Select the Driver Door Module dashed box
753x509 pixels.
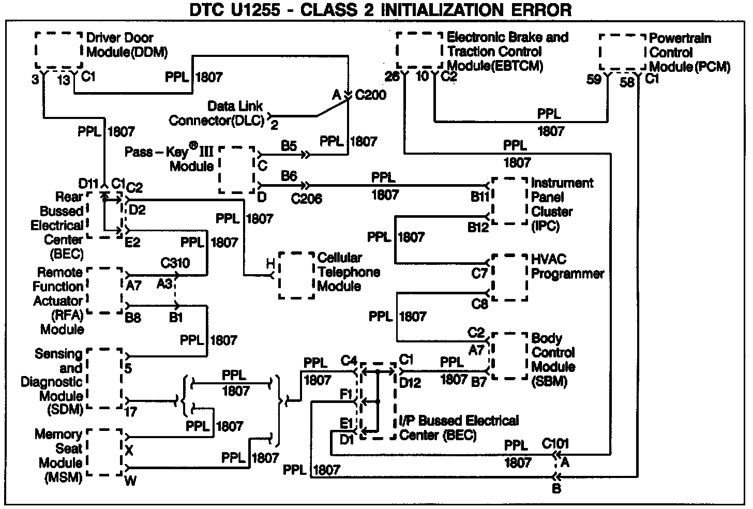coord(58,50)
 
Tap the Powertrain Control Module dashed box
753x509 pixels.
coord(623,52)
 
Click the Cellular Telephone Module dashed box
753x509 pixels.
coord(296,275)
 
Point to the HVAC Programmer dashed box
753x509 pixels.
coord(509,277)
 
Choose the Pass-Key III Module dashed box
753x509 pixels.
coord(237,169)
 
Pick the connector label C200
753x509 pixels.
coord(370,95)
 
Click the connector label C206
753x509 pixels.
coord(306,198)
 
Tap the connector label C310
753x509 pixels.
coord(175,263)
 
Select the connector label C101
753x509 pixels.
coord(555,444)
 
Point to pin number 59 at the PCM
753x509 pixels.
coord(594,80)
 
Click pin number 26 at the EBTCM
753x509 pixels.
coord(393,76)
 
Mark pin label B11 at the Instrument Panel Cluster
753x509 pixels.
coord(479,197)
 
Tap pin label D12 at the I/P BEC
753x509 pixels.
coord(410,383)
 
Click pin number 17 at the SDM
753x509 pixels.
coord(131,413)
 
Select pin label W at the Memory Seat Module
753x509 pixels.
coord(131,481)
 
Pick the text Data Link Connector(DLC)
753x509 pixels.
coord(217,114)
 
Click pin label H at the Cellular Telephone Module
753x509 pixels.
coord(270,264)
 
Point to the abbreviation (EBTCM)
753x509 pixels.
coord(495,66)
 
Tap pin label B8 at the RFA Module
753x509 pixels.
coord(133,317)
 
